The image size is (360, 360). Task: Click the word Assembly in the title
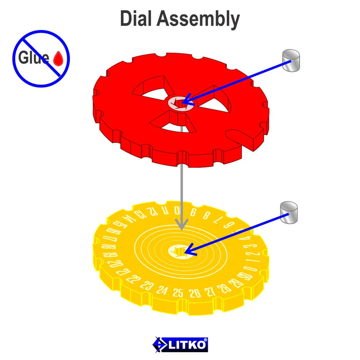(x=198, y=19)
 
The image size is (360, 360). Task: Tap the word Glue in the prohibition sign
(x=33, y=58)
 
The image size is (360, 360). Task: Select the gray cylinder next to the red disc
(x=291, y=61)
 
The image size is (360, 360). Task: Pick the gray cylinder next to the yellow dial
(x=289, y=212)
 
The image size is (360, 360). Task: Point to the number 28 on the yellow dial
(x=223, y=288)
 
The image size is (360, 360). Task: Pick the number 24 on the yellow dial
(x=162, y=290)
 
